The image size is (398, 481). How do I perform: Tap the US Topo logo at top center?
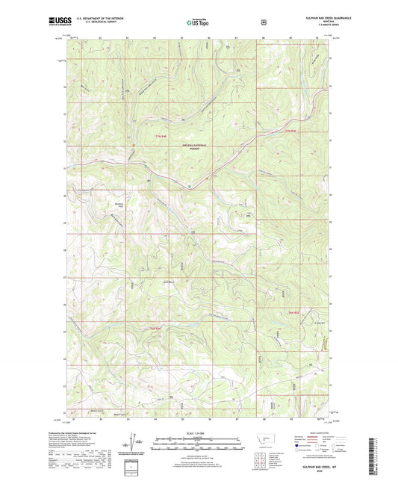pos(198,22)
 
